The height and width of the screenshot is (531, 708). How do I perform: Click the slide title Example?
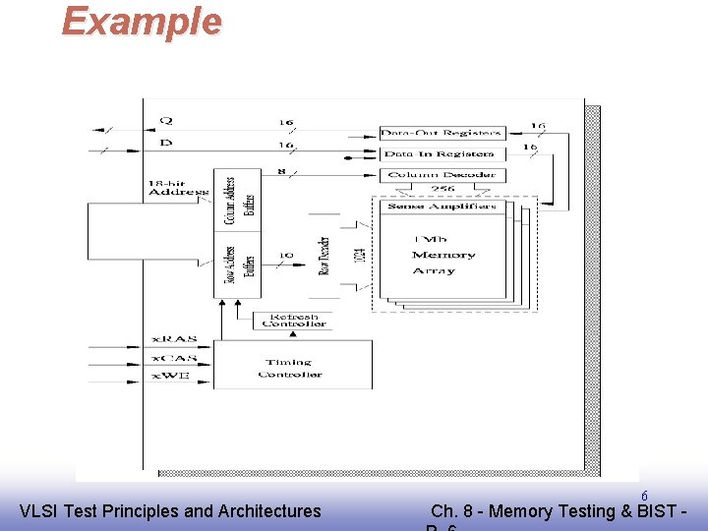click(142, 21)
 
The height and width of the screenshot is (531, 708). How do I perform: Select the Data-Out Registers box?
click(442, 133)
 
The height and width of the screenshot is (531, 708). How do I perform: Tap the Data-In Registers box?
click(442, 153)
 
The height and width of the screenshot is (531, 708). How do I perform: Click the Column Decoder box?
click(442, 175)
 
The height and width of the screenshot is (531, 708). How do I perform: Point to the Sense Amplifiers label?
click(442, 206)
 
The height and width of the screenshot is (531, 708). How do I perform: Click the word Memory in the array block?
click(443, 255)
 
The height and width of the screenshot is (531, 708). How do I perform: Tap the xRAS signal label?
click(174, 339)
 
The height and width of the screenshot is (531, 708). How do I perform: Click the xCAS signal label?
click(174, 357)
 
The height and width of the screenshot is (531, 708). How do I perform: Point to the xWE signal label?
click(172, 375)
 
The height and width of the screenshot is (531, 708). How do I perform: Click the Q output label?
click(166, 121)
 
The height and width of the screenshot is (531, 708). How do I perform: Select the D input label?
click(165, 144)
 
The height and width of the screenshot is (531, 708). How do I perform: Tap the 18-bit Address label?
click(178, 188)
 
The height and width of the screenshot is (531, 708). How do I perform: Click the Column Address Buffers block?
click(237, 201)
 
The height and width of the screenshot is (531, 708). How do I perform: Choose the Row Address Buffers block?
click(237, 265)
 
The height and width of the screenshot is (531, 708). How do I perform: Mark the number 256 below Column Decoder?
click(442, 189)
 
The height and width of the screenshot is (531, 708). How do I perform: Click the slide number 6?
click(644, 496)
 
